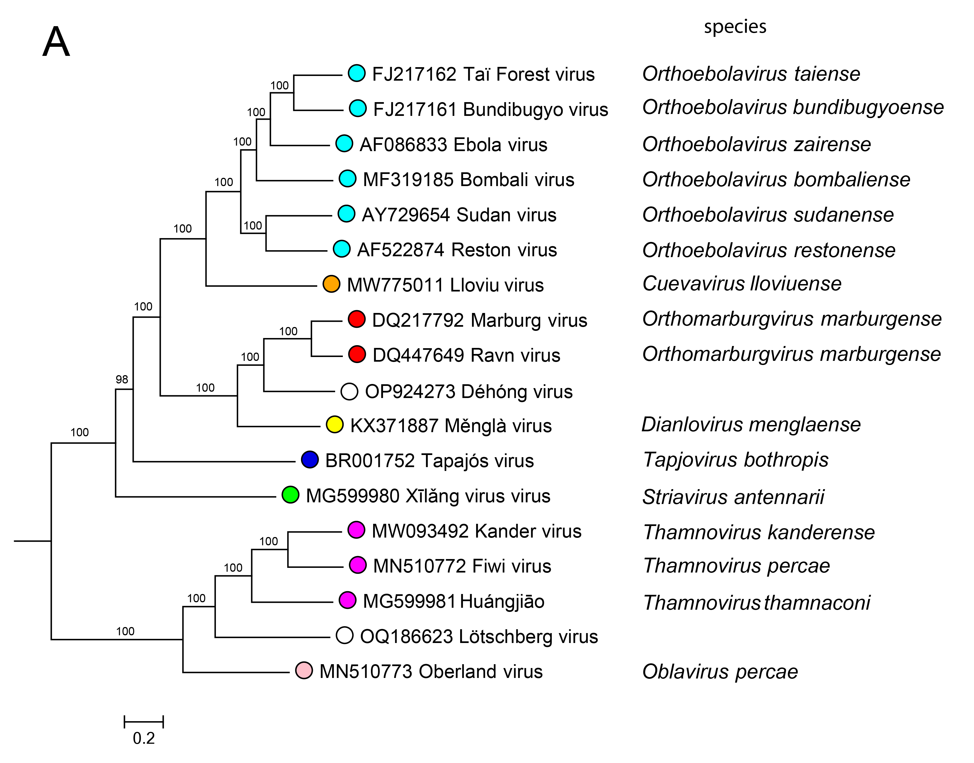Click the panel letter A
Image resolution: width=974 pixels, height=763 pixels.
point(56,42)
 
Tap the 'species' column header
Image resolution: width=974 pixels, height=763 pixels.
point(735,27)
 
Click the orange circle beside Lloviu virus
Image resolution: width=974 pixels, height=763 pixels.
point(331,284)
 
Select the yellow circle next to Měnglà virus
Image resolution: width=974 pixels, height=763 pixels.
point(335,425)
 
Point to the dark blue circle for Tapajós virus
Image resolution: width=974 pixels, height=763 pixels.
point(310,460)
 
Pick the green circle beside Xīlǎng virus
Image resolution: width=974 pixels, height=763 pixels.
point(291,495)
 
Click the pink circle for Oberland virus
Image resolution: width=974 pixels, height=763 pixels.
point(304,671)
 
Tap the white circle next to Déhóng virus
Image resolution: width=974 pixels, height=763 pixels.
point(349,391)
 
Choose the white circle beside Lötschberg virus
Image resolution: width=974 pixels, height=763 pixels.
point(344,635)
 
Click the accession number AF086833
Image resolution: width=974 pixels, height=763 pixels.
point(403,145)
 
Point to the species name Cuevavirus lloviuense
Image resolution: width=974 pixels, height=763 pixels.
point(742,284)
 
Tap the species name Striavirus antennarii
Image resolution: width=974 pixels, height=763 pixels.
point(733,497)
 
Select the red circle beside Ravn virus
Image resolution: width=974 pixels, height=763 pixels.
point(357,354)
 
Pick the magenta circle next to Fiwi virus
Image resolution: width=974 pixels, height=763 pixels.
point(357,565)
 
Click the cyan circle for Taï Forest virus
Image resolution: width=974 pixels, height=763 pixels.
point(357,73)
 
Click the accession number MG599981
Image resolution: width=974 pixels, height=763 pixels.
point(409,601)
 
